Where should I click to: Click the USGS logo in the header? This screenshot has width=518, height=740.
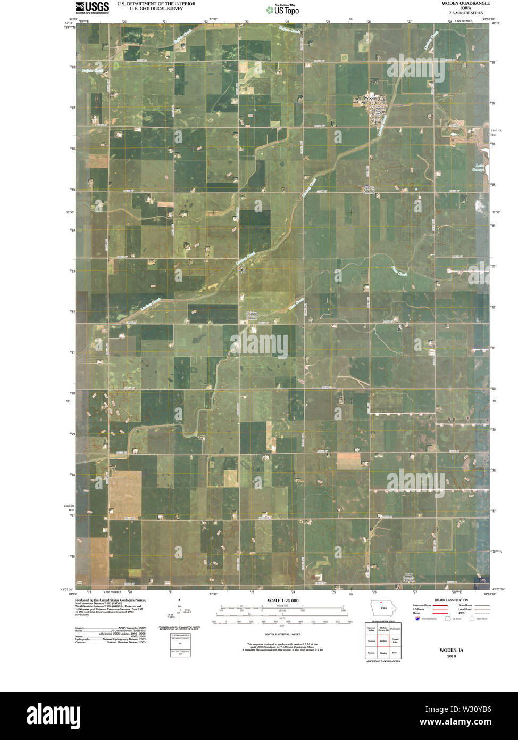92,7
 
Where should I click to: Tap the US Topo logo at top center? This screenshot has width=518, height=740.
282,9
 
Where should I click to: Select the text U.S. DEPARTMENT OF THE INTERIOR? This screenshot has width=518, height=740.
156,4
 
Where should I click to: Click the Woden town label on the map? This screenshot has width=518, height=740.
371,98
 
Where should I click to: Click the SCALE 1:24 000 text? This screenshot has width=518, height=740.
283,601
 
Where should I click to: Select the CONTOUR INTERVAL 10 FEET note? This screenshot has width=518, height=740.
282,635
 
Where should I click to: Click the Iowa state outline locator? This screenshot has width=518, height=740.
382,609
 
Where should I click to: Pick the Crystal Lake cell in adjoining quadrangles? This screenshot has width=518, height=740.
395,641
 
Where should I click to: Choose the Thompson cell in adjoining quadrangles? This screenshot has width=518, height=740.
395,629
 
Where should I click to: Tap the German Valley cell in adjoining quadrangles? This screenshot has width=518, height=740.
371,629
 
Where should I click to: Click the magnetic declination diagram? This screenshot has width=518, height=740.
180,612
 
